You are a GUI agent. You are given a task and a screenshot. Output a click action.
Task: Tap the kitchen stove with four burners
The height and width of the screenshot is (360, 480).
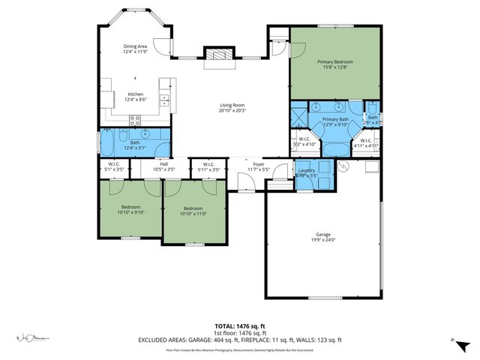[x=135, y=118]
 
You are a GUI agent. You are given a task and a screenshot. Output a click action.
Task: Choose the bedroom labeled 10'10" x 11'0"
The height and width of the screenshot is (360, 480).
[x=193, y=211]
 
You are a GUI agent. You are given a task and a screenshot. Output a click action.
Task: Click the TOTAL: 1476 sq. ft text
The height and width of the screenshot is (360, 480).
[x=240, y=325]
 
